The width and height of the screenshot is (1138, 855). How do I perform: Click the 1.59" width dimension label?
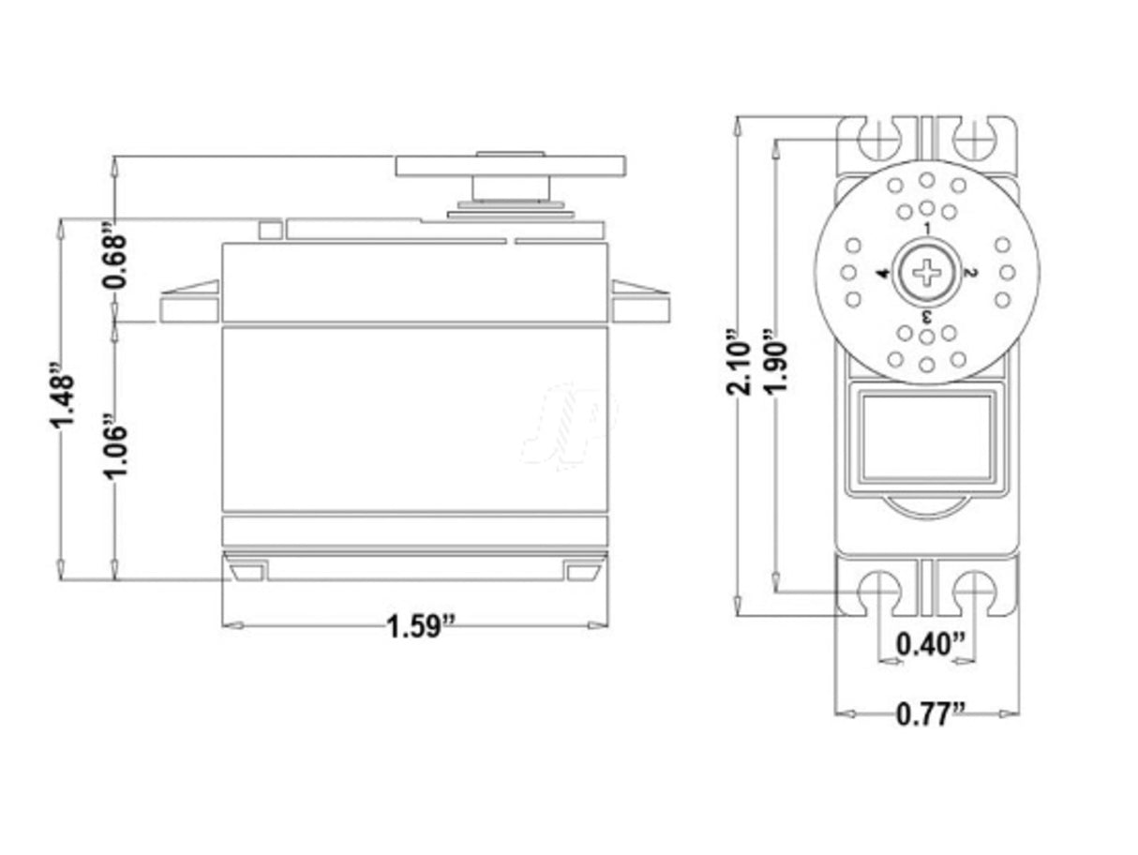pyautogui.click(x=421, y=625)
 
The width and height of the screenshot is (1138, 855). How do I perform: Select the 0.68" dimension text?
pyautogui.click(x=113, y=260)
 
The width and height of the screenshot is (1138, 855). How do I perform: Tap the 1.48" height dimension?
pyautogui.click(x=61, y=395)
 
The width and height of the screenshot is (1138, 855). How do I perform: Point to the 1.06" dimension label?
pyautogui.click(x=113, y=447)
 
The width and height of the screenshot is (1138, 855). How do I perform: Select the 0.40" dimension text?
pyautogui.click(x=929, y=644)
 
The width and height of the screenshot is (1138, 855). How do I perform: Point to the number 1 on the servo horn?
pyautogui.click(x=926, y=228)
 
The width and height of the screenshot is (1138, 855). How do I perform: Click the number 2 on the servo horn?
pyautogui.click(x=971, y=273)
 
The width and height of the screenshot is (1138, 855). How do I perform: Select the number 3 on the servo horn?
pyautogui.click(x=926, y=316)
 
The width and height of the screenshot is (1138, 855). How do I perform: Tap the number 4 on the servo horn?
pyautogui.click(x=882, y=273)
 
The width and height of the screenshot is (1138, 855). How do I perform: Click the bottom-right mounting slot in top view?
pyautogui.click(x=975, y=592)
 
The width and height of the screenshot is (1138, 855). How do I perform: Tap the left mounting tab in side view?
pyautogui.click(x=190, y=304)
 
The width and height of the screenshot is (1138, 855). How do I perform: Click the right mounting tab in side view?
pyautogui.click(x=640, y=304)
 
